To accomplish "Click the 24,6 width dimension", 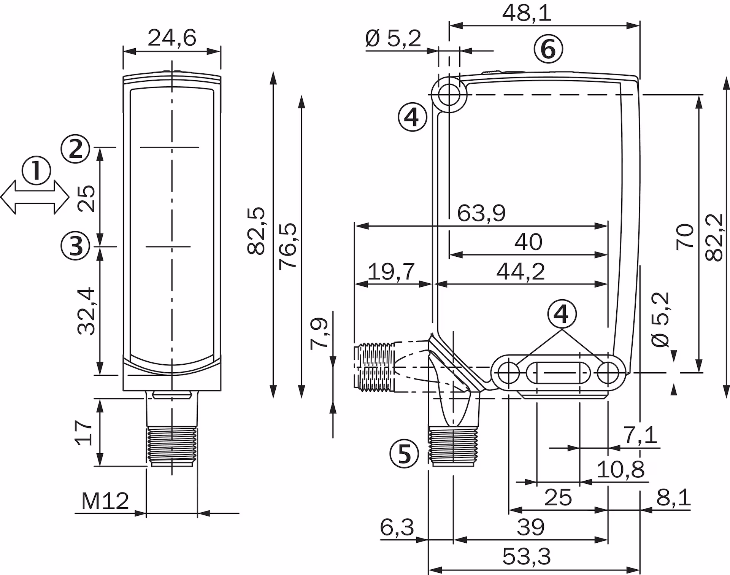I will [x=171, y=38].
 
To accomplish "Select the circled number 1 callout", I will [x=36, y=170].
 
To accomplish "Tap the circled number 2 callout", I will [x=75, y=149].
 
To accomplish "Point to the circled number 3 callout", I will [x=75, y=246].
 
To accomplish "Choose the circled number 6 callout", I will [x=548, y=49].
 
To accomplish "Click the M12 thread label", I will [x=105, y=501].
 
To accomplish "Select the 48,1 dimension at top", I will [x=527, y=14].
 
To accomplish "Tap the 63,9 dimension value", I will [x=481, y=213].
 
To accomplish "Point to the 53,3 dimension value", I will [x=526, y=557].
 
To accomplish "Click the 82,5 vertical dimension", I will [x=256, y=230].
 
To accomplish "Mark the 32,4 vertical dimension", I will [x=86, y=311].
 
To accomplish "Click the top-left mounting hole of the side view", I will [x=449, y=95].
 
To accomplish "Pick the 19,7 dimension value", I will [x=391, y=271].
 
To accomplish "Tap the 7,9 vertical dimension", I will [x=319, y=332].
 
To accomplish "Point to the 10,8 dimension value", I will [x=620, y=469].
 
